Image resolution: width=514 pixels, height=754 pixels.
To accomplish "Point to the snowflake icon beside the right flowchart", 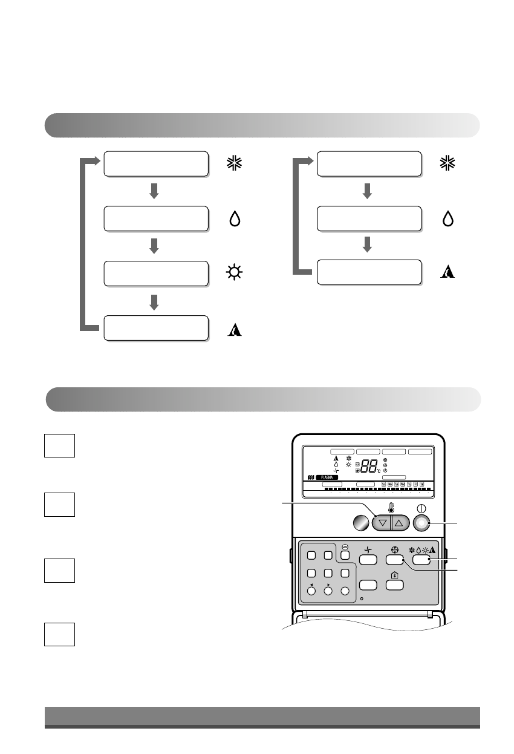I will pos(447,164).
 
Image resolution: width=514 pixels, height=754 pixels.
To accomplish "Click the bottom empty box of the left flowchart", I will pos(156,328).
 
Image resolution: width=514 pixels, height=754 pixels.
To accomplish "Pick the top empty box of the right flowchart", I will pos(369,164).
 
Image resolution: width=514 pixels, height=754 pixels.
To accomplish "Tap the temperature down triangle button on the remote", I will pos(382,522).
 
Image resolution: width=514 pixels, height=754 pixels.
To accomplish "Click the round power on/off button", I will pos(421,522).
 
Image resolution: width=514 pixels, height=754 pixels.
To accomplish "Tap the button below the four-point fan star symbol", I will pos(368,560).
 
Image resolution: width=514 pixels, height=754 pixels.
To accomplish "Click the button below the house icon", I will pos(394,585).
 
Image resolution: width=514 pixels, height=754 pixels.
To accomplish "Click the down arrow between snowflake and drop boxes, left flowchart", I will pos(154,191).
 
